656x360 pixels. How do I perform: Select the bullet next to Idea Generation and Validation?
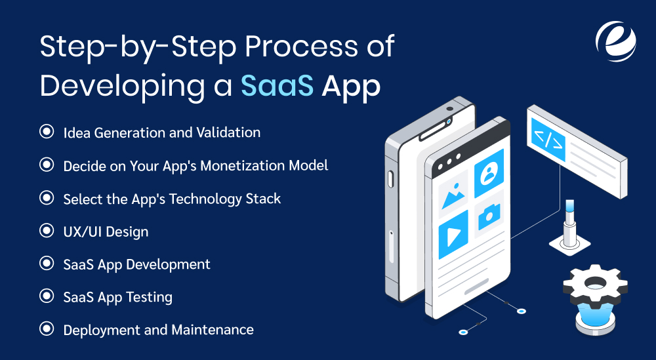pyautogui.click(x=47, y=132)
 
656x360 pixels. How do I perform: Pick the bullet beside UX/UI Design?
pyautogui.click(x=47, y=231)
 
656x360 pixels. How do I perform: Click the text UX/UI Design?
pyautogui.click(x=106, y=231)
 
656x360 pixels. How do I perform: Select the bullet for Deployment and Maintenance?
pyautogui.click(x=47, y=329)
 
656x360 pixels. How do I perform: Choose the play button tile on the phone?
pyautogui.click(x=453, y=233)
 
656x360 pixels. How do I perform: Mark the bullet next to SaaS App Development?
pyautogui.click(x=47, y=264)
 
